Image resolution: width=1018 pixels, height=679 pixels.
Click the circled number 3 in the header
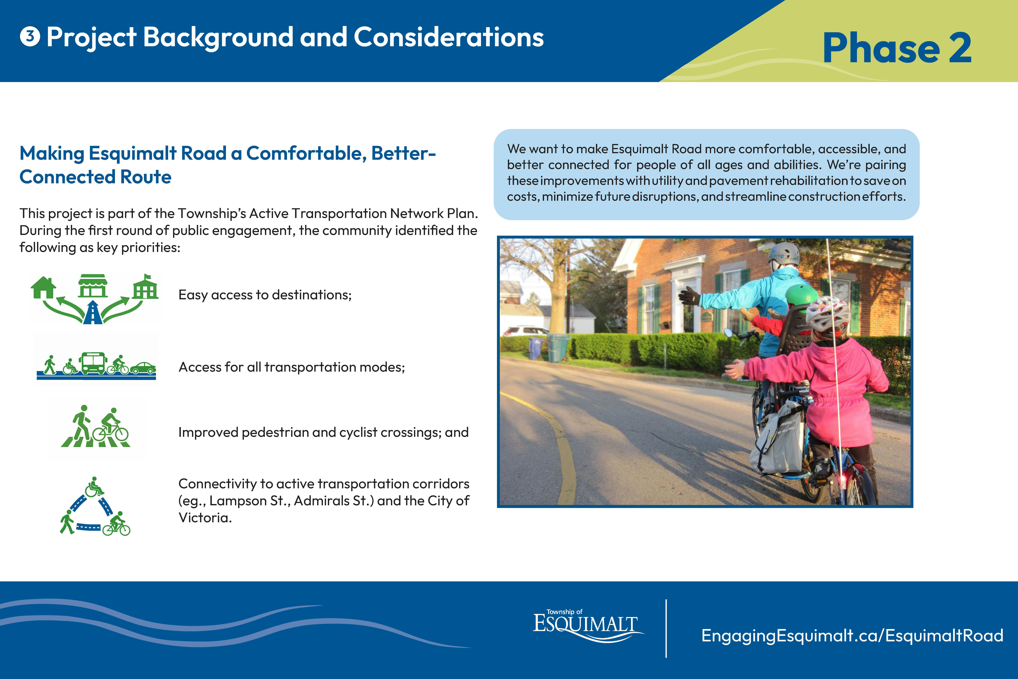pyautogui.click(x=30, y=37)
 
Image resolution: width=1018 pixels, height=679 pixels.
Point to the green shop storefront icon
pyautogui.click(x=93, y=286)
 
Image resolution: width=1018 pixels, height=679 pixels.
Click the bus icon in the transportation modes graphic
pyautogui.click(x=92, y=363)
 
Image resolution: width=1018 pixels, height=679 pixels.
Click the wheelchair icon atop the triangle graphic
pyautogui.click(x=94, y=487)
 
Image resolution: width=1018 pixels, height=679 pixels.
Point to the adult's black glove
pyautogui.click(x=689, y=296)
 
